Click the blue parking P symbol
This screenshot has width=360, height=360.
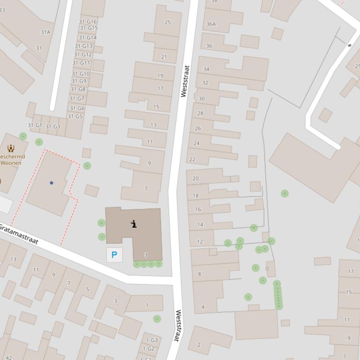[114, 255]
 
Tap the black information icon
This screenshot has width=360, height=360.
[134, 224]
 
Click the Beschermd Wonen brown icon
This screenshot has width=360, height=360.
[10, 149]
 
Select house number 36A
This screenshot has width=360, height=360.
[211, 24]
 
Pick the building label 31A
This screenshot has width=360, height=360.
[45, 32]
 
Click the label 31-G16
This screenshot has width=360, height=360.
[88, 22]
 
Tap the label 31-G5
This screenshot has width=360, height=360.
[75, 116]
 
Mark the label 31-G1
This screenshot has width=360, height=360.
[35, 125]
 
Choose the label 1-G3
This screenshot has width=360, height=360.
[152, 340]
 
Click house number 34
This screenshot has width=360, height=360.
[206, 69]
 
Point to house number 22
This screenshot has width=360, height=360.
[192, 159]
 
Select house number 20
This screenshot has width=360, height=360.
[196, 178]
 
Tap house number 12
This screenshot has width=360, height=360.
[200, 242]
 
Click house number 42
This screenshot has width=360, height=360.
[9, 358]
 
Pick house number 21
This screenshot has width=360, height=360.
[164, 57]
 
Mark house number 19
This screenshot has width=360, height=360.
[161, 75]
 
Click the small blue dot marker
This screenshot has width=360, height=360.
[51, 183]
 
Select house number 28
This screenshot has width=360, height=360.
[200, 113]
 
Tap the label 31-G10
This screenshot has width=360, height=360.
[81, 74]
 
